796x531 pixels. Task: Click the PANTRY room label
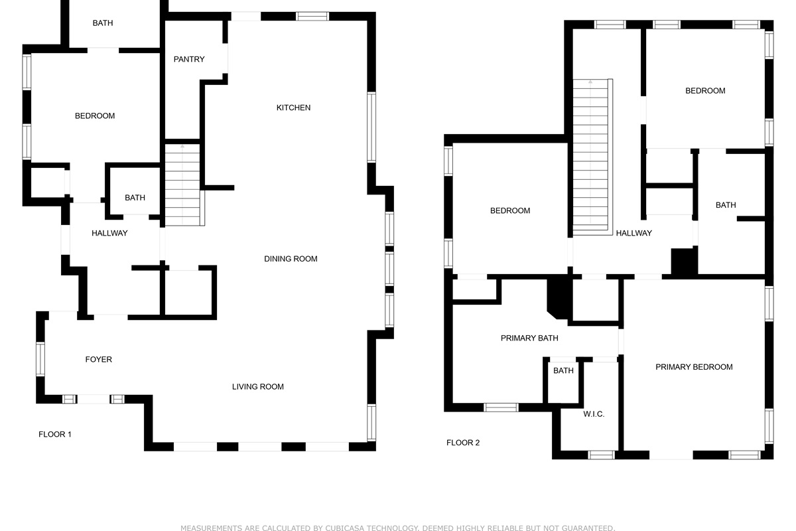click(x=189, y=60)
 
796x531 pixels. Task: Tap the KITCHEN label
click(x=293, y=108)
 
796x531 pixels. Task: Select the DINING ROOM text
click(x=291, y=259)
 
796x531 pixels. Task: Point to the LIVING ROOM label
click(x=258, y=387)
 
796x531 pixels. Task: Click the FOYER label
click(x=99, y=360)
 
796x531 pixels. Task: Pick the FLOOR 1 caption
click(x=55, y=435)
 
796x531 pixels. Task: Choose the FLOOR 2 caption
click(x=463, y=443)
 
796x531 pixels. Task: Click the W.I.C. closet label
click(x=594, y=414)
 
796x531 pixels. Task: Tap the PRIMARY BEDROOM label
click(x=694, y=367)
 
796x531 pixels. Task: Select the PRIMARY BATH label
click(x=529, y=339)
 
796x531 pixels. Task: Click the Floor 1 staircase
click(x=182, y=186)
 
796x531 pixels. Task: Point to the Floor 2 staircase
click(x=592, y=156)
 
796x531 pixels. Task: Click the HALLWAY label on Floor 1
click(x=109, y=234)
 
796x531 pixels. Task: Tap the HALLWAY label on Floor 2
click(x=633, y=234)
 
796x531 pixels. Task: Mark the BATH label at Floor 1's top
click(x=103, y=23)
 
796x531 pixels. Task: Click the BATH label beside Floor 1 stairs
click(x=135, y=198)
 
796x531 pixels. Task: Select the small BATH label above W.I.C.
click(x=563, y=371)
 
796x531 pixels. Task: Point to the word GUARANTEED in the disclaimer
click(x=581, y=528)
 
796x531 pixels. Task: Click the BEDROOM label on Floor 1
click(x=95, y=116)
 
